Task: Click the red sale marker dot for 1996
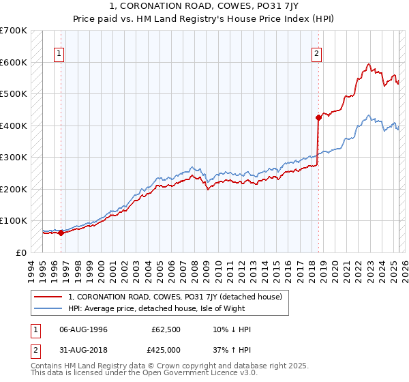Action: (61, 233)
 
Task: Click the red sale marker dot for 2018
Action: (318, 117)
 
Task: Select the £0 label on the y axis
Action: (21, 252)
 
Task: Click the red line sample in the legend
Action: (48, 297)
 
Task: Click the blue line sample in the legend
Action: (48, 309)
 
